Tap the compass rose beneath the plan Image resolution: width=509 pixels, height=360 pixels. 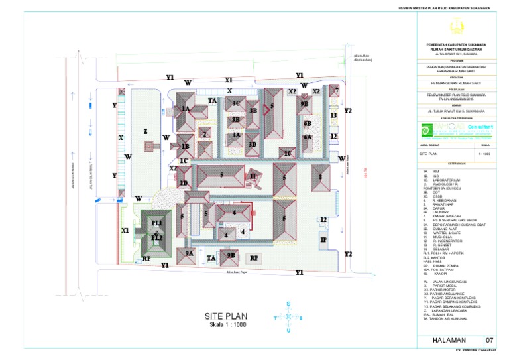pos(288,318)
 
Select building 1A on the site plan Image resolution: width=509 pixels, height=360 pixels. pos(186,109)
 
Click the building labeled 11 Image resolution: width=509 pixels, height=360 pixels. pos(253,176)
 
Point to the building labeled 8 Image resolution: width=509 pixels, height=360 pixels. pos(321,177)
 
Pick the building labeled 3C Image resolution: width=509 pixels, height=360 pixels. pos(235,103)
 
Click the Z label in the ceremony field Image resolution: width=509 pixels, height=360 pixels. pos(145,132)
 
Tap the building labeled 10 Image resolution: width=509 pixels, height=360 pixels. pos(287,153)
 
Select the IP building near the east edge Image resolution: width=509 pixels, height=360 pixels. pos(323,240)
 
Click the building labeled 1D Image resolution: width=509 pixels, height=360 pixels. pos(184,183)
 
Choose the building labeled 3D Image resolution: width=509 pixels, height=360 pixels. pos(252,144)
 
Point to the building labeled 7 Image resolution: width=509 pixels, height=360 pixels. pos(336,90)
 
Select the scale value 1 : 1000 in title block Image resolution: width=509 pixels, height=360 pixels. pos(485,154)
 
